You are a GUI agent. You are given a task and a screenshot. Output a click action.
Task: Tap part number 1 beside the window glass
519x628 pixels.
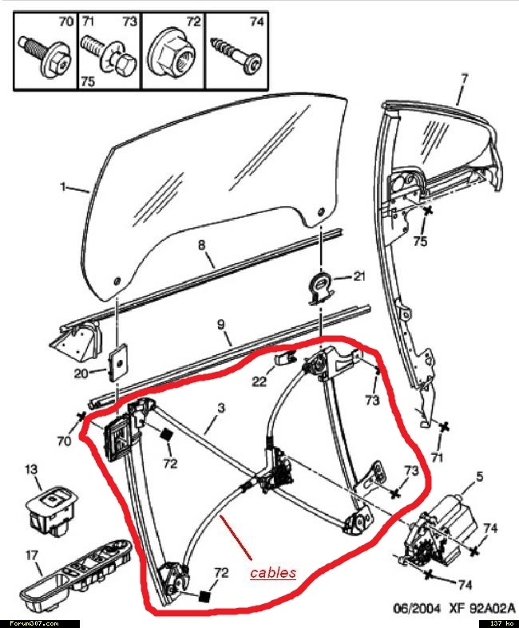pos(63,187)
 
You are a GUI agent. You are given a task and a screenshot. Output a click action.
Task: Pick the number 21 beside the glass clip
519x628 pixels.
pos(359,277)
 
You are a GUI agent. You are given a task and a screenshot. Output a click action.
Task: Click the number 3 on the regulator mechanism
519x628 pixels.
pos(221,408)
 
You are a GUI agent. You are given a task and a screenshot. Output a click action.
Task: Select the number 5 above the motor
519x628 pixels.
pos(479,477)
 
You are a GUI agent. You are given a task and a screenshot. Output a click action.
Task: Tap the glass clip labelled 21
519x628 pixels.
pos(321,285)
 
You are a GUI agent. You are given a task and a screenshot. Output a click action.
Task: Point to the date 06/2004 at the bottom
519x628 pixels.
pos(411,607)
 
